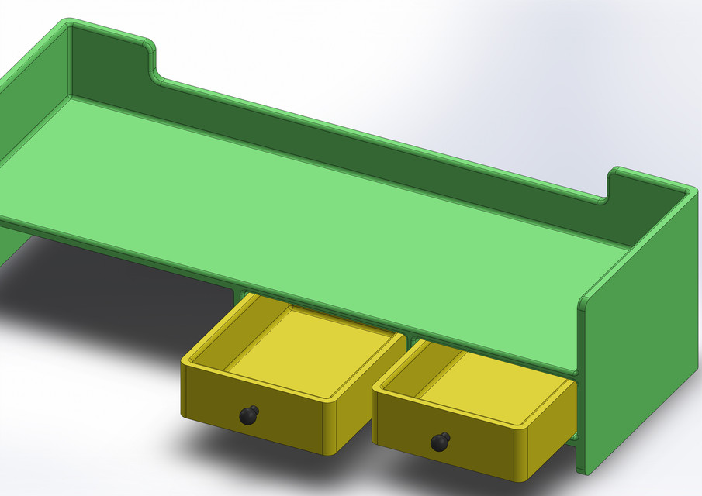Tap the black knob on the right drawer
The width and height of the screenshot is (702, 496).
click(x=440, y=442)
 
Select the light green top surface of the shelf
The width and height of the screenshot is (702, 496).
click(x=310, y=201)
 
